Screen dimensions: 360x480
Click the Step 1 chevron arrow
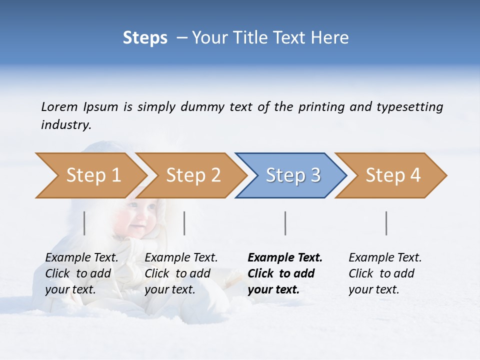93,175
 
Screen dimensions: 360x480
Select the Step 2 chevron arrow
193,175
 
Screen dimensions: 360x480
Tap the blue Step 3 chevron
293,175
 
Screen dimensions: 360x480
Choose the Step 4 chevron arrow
393,175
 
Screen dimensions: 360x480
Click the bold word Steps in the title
145,38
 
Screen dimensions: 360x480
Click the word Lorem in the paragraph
59,106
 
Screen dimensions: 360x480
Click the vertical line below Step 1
84,223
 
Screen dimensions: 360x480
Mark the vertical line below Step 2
184,223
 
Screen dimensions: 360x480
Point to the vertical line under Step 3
285,223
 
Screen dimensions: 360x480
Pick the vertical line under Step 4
386,223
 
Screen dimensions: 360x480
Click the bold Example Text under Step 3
285,258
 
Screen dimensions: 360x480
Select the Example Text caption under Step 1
81,258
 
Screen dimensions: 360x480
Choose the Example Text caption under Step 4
385,258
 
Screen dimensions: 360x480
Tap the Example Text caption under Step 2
181,258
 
